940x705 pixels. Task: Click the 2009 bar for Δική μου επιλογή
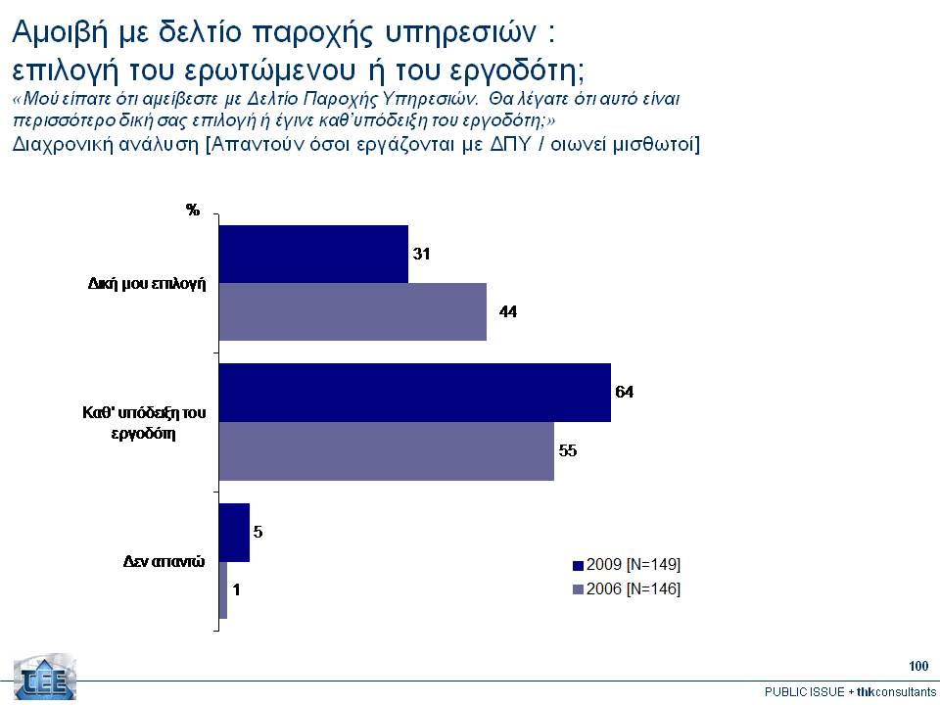coord(313,254)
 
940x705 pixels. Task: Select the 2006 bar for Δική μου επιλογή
coord(352,311)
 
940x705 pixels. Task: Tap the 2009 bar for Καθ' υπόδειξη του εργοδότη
coord(414,393)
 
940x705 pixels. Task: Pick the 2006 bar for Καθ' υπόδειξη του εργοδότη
coord(387,450)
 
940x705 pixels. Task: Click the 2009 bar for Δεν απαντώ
coord(234,533)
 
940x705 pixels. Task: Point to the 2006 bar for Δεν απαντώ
coord(223,589)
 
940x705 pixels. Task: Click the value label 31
coord(422,254)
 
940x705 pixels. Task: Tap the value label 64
coord(625,392)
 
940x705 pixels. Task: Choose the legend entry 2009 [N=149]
coord(627,565)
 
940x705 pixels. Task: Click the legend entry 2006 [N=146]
coord(627,588)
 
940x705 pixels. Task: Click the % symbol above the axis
coord(193,210)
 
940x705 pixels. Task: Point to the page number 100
coord(917,667)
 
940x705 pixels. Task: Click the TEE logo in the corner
coord(44,677)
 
